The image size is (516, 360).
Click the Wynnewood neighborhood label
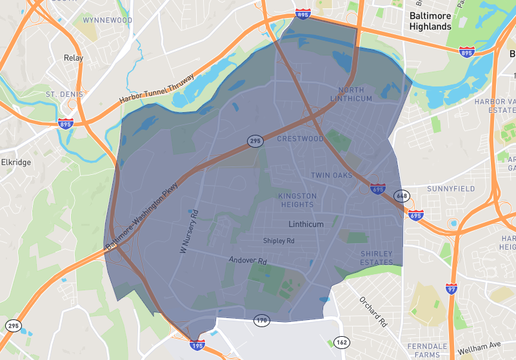107,20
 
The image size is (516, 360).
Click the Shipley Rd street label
278,241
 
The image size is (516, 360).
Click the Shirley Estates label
378,259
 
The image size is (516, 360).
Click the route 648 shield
402,195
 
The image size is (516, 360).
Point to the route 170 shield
262,320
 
